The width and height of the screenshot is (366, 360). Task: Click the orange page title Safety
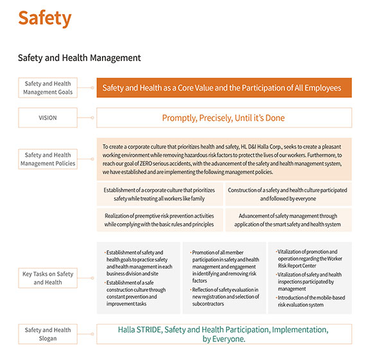pos(44,18)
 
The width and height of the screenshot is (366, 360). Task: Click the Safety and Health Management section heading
pos(79,58)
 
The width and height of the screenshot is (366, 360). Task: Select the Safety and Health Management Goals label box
pos(48,87)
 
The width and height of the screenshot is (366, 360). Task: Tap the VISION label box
pos(48,118)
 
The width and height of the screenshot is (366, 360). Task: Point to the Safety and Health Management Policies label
pos(48,159)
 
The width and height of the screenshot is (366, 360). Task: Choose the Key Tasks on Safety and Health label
pos(48,278)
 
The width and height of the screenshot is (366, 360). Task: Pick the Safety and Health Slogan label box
pos(48,334)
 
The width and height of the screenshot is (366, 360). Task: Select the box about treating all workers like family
pos(160,194)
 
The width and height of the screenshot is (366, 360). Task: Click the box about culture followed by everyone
pos(288,194)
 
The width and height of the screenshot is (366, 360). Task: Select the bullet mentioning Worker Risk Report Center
pos(309,260)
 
